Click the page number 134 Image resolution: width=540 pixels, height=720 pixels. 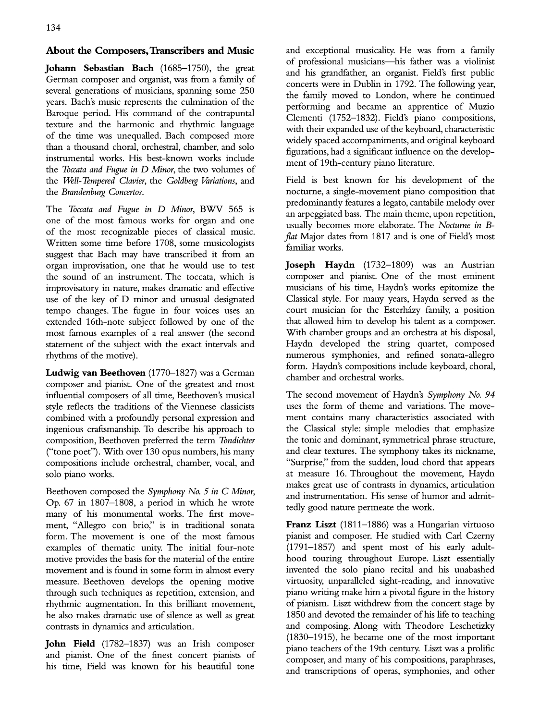pos(53,27)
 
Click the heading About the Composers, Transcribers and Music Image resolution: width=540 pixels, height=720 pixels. pos(149,50)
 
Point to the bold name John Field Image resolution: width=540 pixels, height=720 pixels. pos(71,644)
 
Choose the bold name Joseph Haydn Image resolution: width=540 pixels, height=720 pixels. pos(320,265)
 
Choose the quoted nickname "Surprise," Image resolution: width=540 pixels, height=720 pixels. pos(307,463)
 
